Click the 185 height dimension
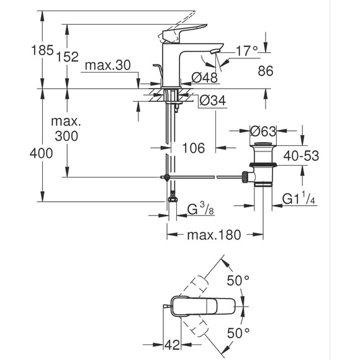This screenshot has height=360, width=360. coord(42,51)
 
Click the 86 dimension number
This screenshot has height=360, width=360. coord(265,72)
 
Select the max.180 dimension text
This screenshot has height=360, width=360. coord(209,235)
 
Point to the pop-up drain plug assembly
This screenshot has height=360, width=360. coord(263,168)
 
